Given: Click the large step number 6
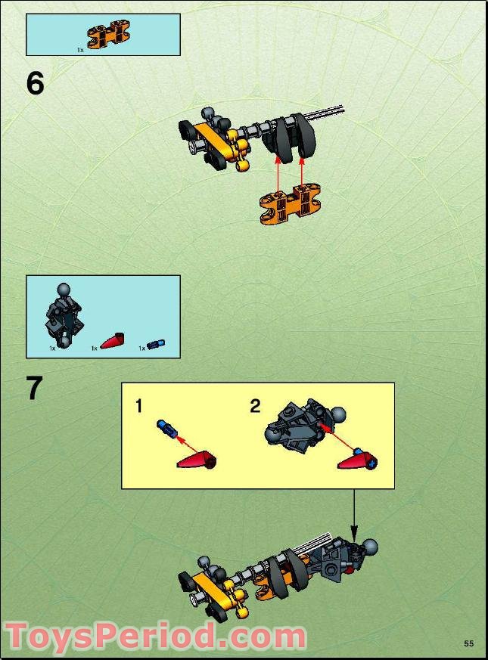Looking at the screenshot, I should point(35,84).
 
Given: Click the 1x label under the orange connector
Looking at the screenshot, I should point(79,50).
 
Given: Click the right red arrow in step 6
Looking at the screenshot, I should point(303,177).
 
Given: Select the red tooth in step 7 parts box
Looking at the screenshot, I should point(114,341).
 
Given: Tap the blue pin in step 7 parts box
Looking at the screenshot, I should point(156,345).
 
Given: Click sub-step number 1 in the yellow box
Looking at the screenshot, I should point(138,407).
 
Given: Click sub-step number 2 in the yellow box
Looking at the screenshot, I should point(255,407).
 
